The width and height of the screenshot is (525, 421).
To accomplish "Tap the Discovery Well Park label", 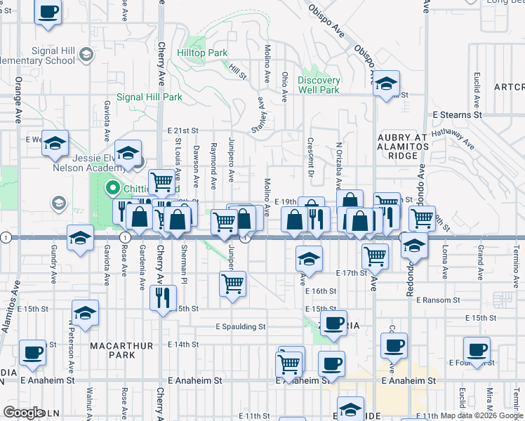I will tap(319, 85).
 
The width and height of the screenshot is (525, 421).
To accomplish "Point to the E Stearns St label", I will tap(458, 114).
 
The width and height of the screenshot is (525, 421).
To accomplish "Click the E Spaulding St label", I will tap(241, 326).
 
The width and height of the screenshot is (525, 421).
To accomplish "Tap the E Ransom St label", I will tap(437, 300).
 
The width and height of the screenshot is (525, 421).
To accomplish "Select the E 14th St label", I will tap(184, 345).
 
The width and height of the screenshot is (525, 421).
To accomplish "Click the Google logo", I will tap(23, 413).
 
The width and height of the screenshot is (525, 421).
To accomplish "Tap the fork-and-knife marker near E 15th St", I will tap(163, 298).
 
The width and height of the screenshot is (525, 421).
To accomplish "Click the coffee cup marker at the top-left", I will tap(48, 13).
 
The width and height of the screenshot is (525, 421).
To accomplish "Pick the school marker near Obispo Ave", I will tap(386, 84).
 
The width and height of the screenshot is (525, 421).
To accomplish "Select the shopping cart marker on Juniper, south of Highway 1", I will tap(232, 285).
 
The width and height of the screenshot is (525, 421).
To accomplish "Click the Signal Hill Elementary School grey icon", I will tap(86, 54).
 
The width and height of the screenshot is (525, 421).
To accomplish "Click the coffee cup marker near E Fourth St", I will tap(477, 349).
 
